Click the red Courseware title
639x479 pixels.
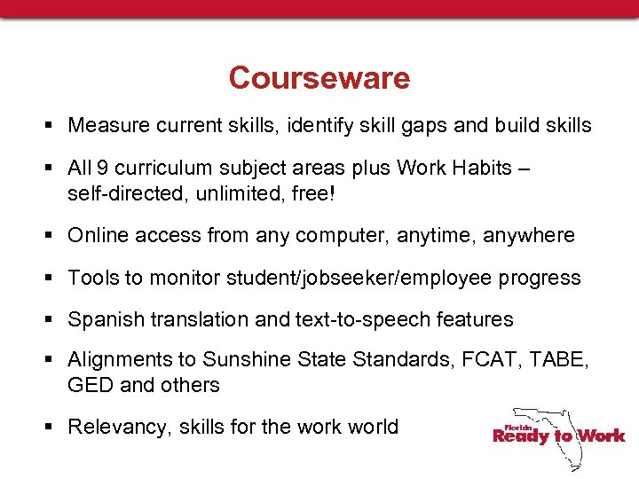tap(319, 78)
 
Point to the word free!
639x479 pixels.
tap(311, 192)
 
